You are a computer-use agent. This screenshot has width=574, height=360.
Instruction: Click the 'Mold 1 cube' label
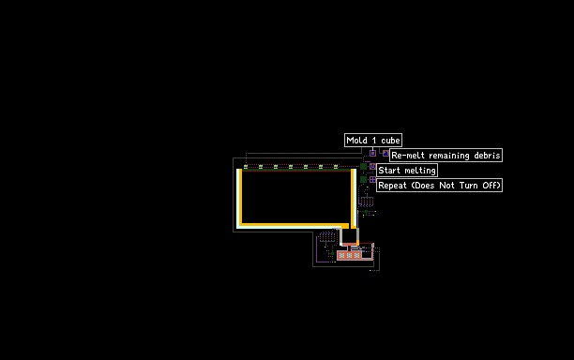point(373,140)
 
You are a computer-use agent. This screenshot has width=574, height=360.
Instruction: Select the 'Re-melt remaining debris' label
point(446,155)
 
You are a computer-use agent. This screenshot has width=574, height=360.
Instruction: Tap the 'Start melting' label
point(407,170)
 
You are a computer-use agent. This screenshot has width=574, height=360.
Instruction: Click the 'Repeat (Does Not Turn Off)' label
point(439,185)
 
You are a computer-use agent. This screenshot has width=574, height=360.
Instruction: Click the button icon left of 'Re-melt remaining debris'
point(385,154)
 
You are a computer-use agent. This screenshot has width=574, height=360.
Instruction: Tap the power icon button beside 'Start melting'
point(372,167)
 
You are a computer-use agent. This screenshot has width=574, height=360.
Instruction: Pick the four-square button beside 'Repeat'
point(372,180)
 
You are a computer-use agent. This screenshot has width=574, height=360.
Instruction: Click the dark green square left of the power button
point(363,167)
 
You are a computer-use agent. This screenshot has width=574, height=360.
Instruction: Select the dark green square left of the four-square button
point(363,180)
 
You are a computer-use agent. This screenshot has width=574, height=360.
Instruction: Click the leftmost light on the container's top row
point(246,167)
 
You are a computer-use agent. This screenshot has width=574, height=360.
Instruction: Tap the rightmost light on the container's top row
point(336,167)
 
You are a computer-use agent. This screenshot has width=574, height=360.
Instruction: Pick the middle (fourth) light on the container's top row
point(291,167)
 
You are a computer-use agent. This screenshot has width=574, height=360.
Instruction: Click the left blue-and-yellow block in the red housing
point(341,255)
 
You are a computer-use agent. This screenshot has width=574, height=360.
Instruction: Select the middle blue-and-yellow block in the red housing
point(349,255)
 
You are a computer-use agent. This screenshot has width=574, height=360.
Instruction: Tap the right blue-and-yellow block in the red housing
point(357,255)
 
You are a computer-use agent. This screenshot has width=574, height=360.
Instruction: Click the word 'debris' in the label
point(487,155)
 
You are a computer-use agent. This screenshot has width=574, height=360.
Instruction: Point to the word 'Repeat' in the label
point(392,186)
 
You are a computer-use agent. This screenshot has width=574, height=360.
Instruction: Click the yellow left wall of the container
point(240,197)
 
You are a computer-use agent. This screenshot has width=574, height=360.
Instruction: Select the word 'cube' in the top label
point(390,140)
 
